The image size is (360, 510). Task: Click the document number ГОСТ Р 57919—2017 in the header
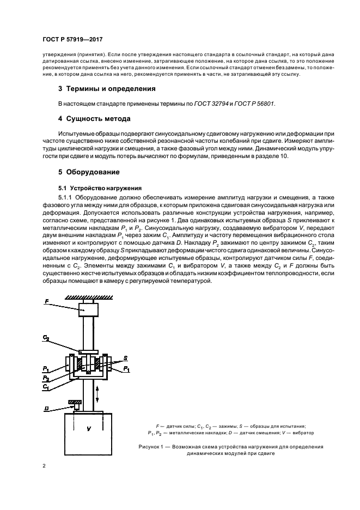point(73,40)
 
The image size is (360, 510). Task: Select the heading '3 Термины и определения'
point(107,89)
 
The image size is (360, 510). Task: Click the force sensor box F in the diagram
point(88,309)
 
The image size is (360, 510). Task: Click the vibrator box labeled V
point(88,430)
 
